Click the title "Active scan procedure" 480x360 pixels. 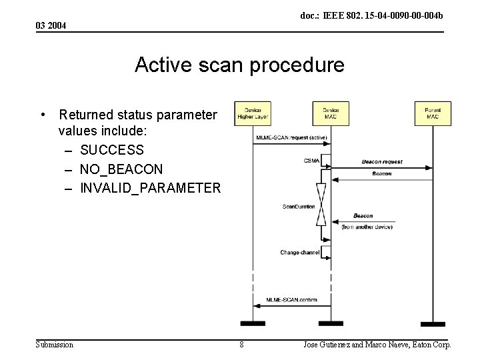click(x=239, y=65)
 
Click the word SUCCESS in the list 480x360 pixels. click(x=111, y=149)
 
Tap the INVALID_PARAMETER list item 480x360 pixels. click(x=149, y=188)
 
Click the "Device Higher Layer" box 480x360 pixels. click(x=253, y=113)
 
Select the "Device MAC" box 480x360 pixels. click(x=331, y=113)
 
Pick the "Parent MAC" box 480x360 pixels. click(x=433, y=113)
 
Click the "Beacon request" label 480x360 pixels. click(x=382, y=162)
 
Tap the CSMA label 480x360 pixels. click(x=311, y=161)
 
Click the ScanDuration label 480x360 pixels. click(x=299, y=207)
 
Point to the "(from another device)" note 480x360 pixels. click(x=367, y=227)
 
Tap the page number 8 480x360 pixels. click(x=241, y=345)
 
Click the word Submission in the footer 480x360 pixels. click(x=55, y=345)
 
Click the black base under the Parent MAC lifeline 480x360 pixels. click(x=433, y=324)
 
